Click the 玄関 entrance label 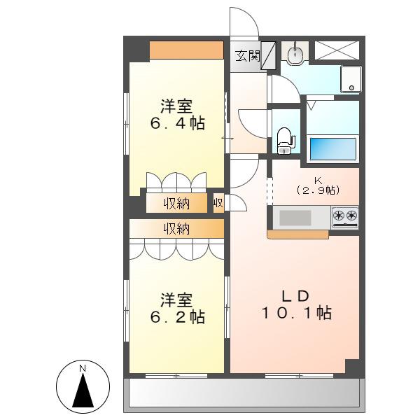pos(248,56)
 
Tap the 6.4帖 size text pos(177,123)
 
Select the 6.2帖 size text pos(177,317)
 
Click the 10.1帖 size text pos(297,313)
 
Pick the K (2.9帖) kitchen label pos(318,185)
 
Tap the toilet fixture pos(285,141)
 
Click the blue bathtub pos(332,148)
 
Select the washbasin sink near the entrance pos(295,55)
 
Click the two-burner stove pos(345,217)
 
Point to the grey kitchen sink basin pos(295,218)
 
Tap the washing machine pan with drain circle pos(351,79)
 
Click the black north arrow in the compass pos(83,390)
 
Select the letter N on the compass pos(83,369)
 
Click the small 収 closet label pos(218,203)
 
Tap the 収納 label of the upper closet pos(177,204)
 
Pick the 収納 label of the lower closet pos(177,228)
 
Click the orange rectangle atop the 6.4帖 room pos(186,50)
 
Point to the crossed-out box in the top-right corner pos(337,50)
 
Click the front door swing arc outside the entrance pos(252,16)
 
